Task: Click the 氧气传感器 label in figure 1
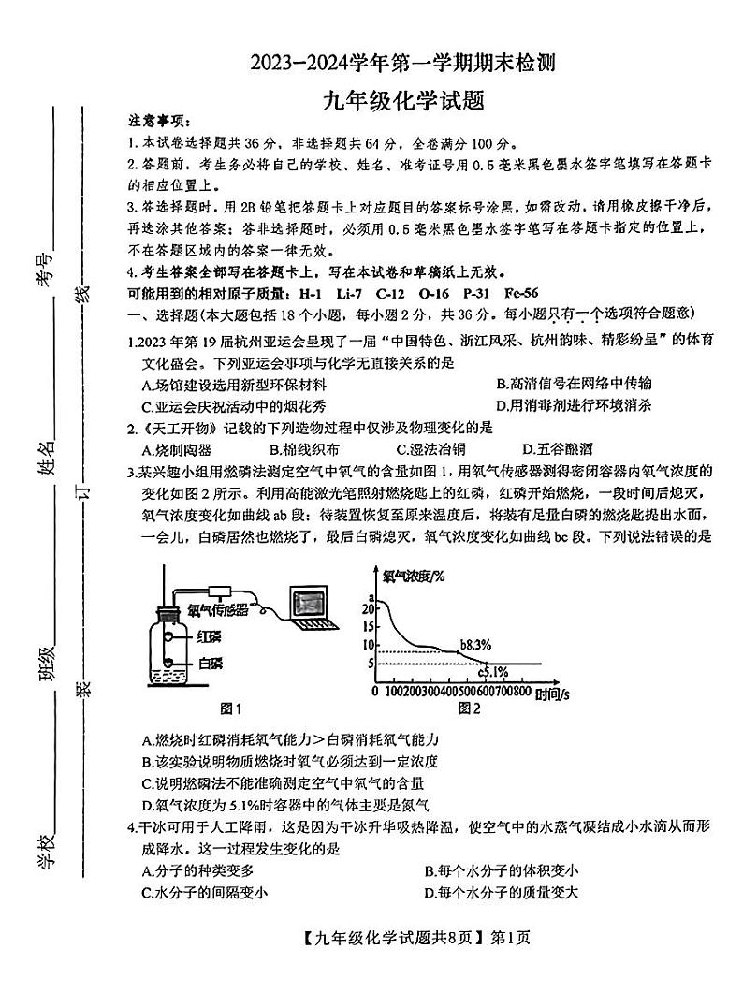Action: (x=218, y=610)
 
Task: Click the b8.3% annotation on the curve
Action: (x=475, y=645)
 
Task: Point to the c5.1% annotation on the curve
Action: (x=493, y=671)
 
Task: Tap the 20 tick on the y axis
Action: (x=366, y=607)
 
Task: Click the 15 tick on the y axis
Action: (x=366, y=626)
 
